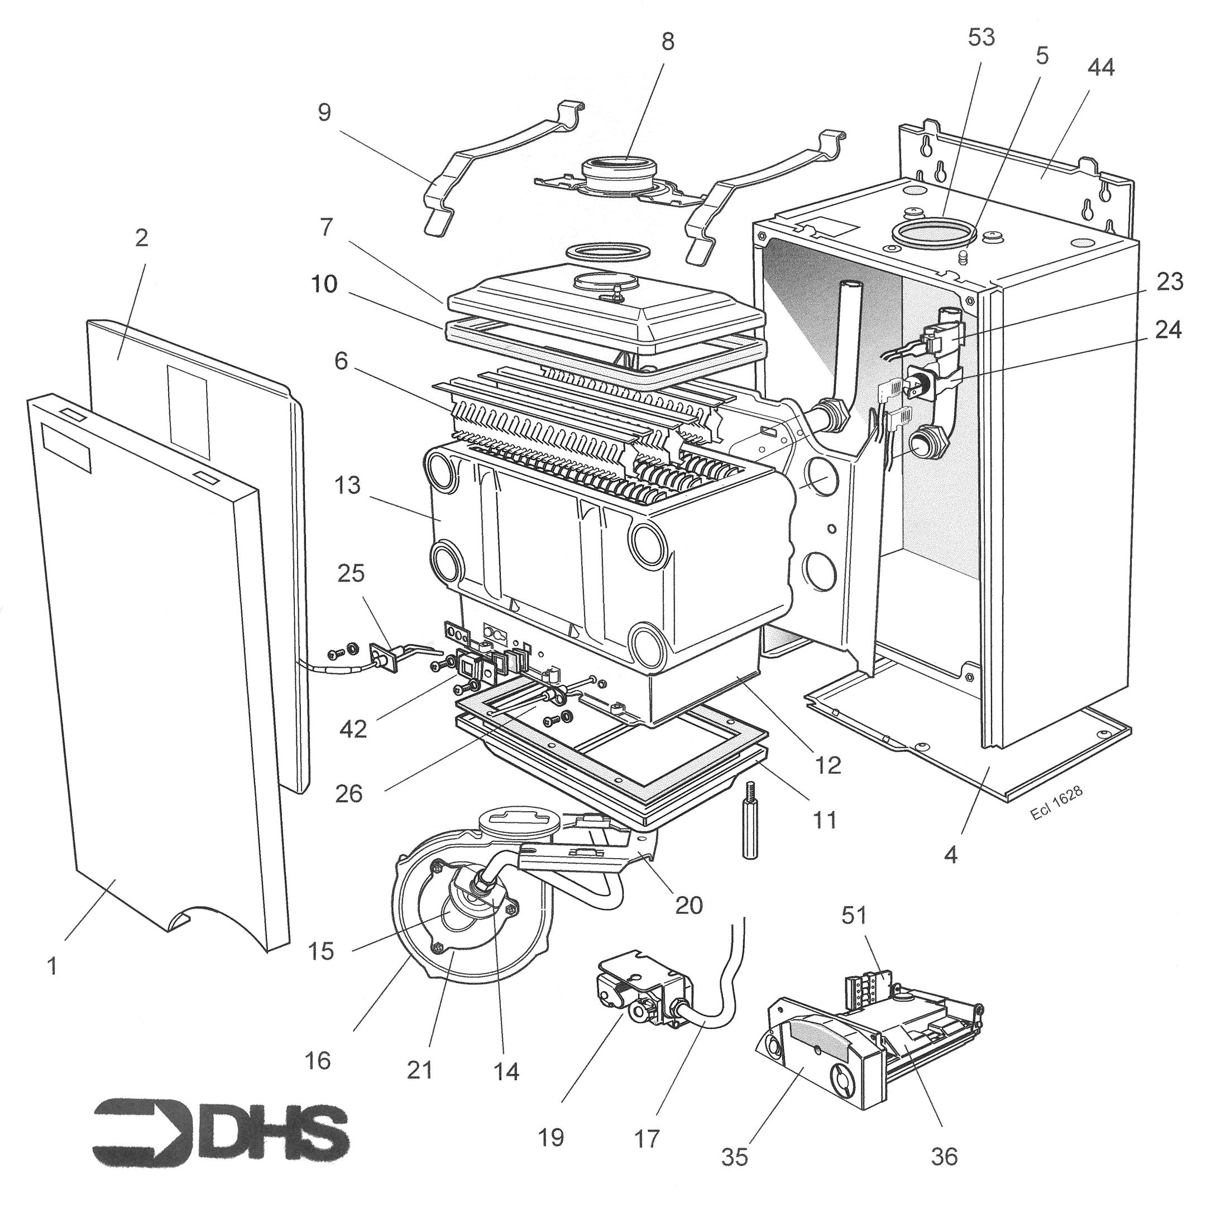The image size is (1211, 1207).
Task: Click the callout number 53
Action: pyautogui.click(x=981, y=37)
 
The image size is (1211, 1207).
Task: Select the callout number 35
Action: pyautogui.click(x=734, y=1157)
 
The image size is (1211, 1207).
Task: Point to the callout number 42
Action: pyautogui.click(x=353, y=730)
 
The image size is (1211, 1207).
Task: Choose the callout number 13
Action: pyautogui.click(x=348, y=485)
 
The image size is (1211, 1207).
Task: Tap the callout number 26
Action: pyautogui.click(x=349, y=793)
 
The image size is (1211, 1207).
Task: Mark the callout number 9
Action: pyautogui.click(x=324, y=113)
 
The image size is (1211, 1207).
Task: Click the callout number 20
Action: pyautogui.click(x=688, y=904)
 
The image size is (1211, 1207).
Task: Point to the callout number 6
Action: pyautogui.click(x=341, y=361)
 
